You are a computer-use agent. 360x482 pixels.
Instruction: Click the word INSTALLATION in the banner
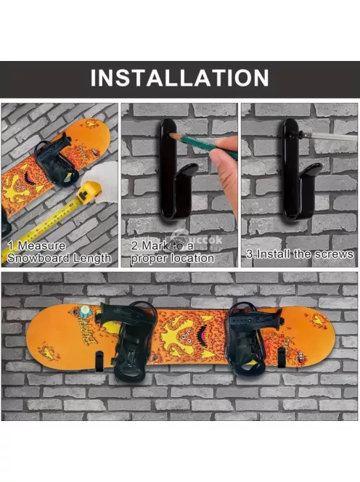coord(179,78)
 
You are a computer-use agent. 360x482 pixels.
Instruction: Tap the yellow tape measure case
coord(89,193)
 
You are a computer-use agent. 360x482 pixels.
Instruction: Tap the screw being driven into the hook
coord(295,134)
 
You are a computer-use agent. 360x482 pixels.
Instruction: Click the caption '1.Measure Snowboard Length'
coord(59,252)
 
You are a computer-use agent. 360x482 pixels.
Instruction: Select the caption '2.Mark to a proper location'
coord(173,252)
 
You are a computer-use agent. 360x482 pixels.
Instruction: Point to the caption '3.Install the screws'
coord(300,254)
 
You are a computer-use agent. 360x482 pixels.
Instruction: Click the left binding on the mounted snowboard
coord(128,340)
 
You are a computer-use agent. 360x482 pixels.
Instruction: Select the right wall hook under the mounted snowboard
coord(281,357)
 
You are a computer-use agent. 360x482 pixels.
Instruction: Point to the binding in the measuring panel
coord(56,160)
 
